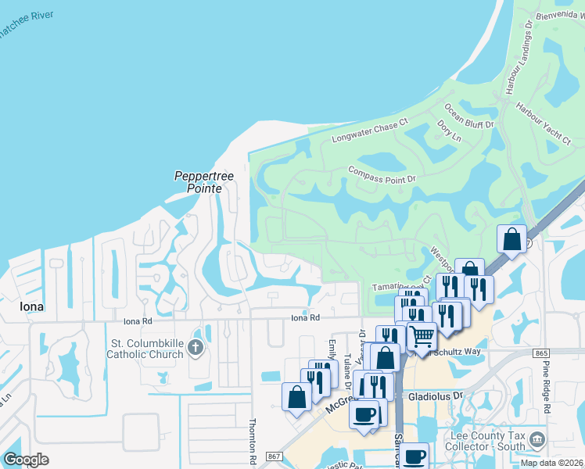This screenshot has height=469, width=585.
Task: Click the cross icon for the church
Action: point(196,347)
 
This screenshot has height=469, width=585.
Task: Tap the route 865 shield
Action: point(542,354)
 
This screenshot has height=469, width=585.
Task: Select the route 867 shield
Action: point(273,456)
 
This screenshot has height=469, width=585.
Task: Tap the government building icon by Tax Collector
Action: point(537,439)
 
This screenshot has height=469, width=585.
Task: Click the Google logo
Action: point(26,459)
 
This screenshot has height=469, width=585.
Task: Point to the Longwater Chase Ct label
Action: point(370,131)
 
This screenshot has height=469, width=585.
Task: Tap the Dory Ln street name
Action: point(449,131)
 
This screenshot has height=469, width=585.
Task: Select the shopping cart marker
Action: point(422,336)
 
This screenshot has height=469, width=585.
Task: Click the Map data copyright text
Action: point(551,463)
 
